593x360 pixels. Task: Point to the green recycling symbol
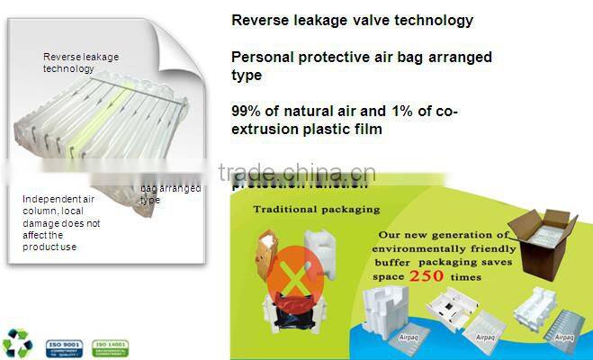pos(15,343)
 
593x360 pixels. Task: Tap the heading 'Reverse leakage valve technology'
pos(352,20)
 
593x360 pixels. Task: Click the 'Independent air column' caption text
pos(61,221)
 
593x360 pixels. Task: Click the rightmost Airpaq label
pos(565,337)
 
